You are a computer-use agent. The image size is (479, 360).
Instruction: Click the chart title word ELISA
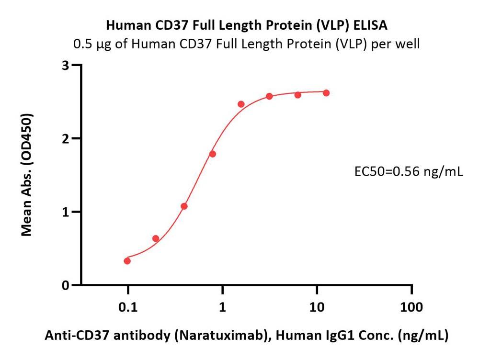373,24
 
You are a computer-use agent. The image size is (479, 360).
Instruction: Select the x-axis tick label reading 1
222,307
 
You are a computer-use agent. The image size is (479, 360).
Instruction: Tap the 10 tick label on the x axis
316,307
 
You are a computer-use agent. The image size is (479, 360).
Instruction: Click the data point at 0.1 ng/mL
127,261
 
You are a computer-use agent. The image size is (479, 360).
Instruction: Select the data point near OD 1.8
213,154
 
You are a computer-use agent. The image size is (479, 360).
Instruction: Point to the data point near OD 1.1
184,206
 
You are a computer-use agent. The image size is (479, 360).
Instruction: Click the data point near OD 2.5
241,104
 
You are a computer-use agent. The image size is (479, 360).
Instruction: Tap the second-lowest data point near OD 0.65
156,238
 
